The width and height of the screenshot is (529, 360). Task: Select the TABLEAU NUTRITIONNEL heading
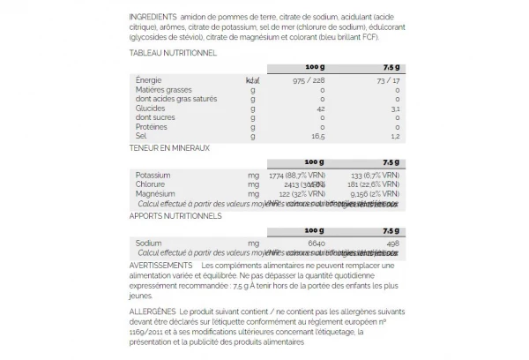(173, 53)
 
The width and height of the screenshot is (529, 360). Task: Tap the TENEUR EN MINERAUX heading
(169, 148)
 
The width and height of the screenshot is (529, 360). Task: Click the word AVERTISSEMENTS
(160, 266)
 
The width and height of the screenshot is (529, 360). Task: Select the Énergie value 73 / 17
(387, 80)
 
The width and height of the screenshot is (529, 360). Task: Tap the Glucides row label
(150, 108)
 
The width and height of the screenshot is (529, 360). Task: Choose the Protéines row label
(152, 126)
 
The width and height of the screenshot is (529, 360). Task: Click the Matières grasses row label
(164, 89)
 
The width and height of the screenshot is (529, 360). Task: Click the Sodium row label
(149, 242)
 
